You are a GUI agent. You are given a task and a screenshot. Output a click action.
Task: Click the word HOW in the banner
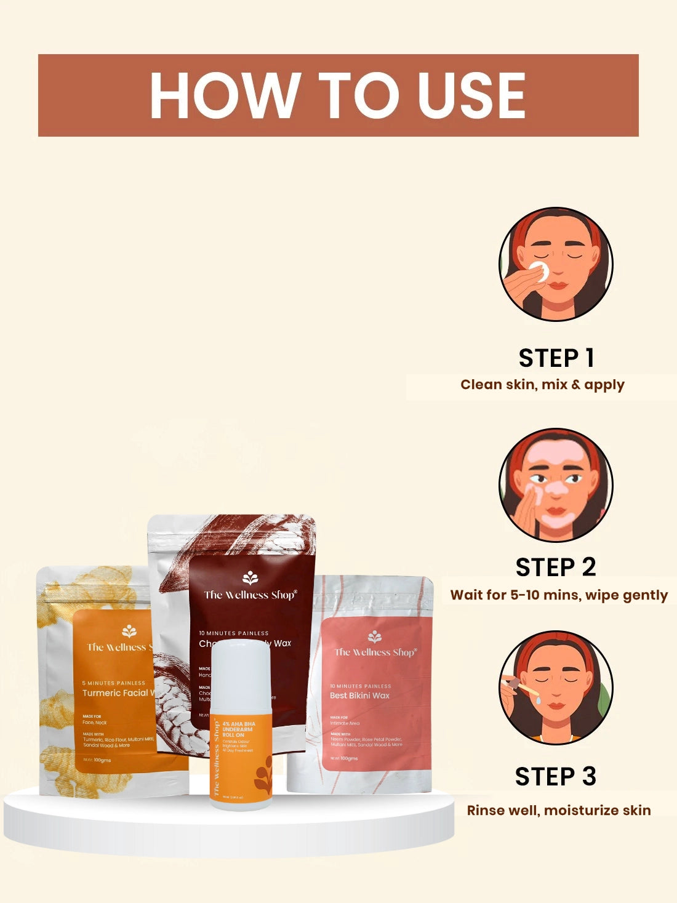pyautogui.click(x=223, y=95)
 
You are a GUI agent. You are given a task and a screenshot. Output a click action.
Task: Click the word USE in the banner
pyautogui.click(x=471, y=95)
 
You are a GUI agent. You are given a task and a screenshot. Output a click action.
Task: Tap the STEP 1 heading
pyautogui.click(x=556, y=358)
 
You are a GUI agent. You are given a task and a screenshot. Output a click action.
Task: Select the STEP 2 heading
pyautogui.click(x=556, y=568)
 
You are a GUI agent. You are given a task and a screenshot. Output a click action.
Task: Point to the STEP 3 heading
pyautogui.click(x=556, y=777)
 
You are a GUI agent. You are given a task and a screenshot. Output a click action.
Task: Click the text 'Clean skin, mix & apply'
pyautogui.click(x=542, y=385)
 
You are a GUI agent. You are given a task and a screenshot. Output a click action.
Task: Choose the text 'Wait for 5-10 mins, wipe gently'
pyautogui.click(x=559, y=595)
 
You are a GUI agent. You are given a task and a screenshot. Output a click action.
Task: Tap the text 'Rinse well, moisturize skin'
pyautogui.click(x=559, y=810)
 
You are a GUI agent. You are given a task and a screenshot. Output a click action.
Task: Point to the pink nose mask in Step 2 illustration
pyautogui.click(x=558, y=489)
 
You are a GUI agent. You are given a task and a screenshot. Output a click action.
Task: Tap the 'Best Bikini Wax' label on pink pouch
pyautogui.click(x=359, y=696)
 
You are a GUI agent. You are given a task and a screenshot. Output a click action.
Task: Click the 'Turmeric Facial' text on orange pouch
pyautogui.click(x=116, y=693)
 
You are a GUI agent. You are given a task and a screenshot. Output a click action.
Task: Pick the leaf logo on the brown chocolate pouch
pyautogui.click(x=250, y=577)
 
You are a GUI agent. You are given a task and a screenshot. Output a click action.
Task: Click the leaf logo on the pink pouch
pyautogui.click(x=374, y=636)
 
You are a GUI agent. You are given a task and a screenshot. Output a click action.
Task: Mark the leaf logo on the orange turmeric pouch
pyautogui.click(x=129, y=631)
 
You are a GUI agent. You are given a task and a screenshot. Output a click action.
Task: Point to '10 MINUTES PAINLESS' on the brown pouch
pyautogui.click(x=233, y=633)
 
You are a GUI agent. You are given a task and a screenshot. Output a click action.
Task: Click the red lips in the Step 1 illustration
pyautogui.click(x=558, y=285)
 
